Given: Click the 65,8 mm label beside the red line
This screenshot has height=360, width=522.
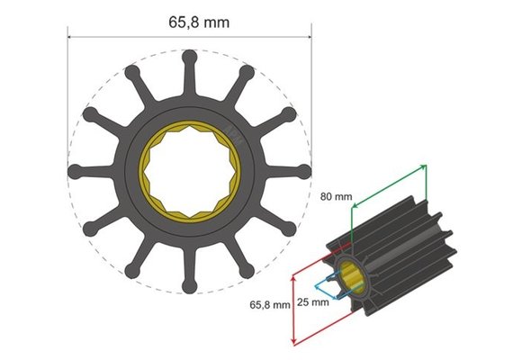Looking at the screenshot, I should pyautogui.click(x=270, y=304).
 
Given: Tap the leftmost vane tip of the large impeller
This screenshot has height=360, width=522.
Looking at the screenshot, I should pyautogui.click(x=75, y=171).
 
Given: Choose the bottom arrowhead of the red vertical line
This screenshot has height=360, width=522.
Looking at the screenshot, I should pyautogui.click(x=295, y=342).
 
